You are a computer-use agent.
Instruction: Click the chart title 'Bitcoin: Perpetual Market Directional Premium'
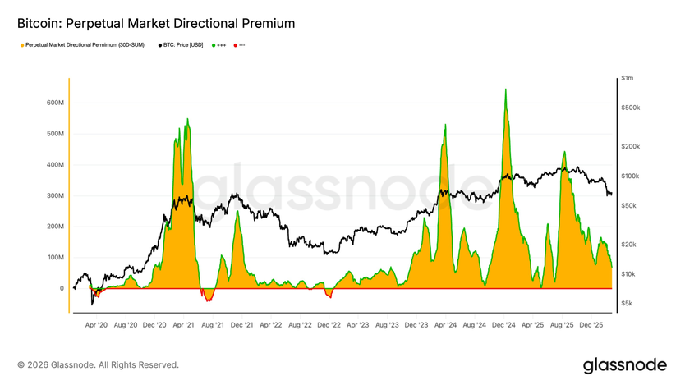pos(156,24)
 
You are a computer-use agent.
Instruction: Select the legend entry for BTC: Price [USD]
pos(182,45)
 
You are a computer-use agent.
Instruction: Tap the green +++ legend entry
pos(220,45)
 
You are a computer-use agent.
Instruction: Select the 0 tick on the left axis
pos(61,288)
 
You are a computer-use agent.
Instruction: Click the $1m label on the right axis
pos(628,78)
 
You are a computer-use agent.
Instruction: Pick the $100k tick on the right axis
pos(631,176)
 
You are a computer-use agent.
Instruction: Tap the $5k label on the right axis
pos(628,304)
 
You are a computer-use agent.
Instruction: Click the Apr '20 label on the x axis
pos(96,325)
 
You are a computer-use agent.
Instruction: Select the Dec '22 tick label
pos(329,325)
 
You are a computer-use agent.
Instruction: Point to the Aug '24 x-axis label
pos(474,325)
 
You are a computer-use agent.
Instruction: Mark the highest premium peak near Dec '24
pos(505,89)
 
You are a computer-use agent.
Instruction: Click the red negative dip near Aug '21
pos(207,297)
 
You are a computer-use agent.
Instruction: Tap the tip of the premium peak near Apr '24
pos(445,125)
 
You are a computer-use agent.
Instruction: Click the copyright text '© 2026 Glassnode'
pos(98,364)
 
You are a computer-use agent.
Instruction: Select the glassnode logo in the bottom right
pos(624,364)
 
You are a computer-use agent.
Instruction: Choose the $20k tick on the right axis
pos(629,245)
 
